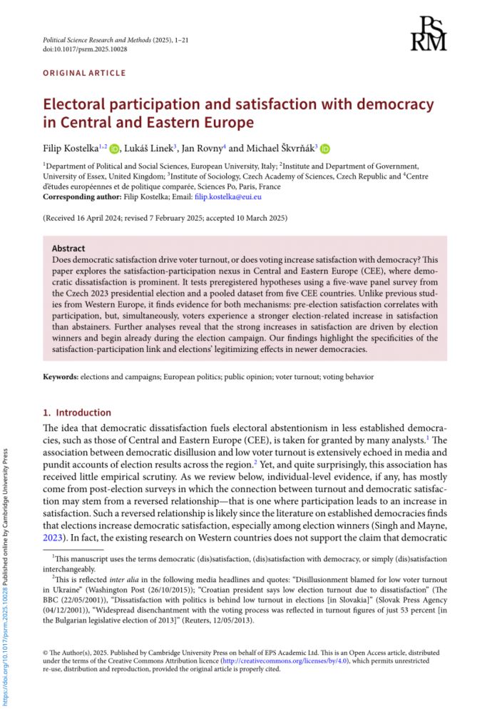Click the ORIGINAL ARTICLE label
coord(84,73)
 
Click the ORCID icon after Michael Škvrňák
coord(326,149)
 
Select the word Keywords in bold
coord(61,376)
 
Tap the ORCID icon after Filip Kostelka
coord(116,149)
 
